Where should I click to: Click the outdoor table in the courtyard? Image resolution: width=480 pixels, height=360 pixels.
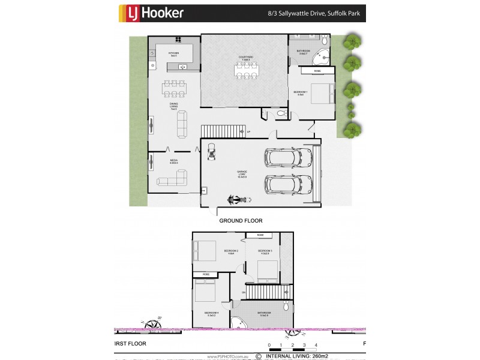coord(244,71)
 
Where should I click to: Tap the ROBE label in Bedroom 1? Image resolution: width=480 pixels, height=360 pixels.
coord(317,71)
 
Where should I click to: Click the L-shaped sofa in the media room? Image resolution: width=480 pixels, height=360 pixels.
coord(173,179)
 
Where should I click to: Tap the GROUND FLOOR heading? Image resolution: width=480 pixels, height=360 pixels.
coord(240,221)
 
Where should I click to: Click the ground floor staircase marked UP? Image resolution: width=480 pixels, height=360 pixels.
coord(223,131)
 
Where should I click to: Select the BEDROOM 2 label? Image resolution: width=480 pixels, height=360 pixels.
coord(231,251)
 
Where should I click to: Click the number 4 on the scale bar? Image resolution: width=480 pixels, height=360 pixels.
coord(316,345)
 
